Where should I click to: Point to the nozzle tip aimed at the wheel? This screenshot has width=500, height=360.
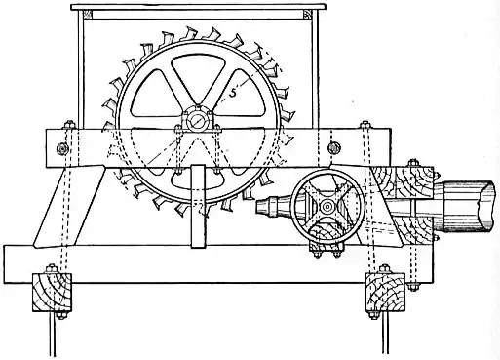tap(261, 206)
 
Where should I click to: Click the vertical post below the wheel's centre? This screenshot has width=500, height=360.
tap(198, 210)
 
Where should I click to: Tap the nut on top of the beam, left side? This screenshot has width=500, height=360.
tap(69, 125)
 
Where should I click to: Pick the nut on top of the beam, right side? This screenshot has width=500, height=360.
tap(365, 125)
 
